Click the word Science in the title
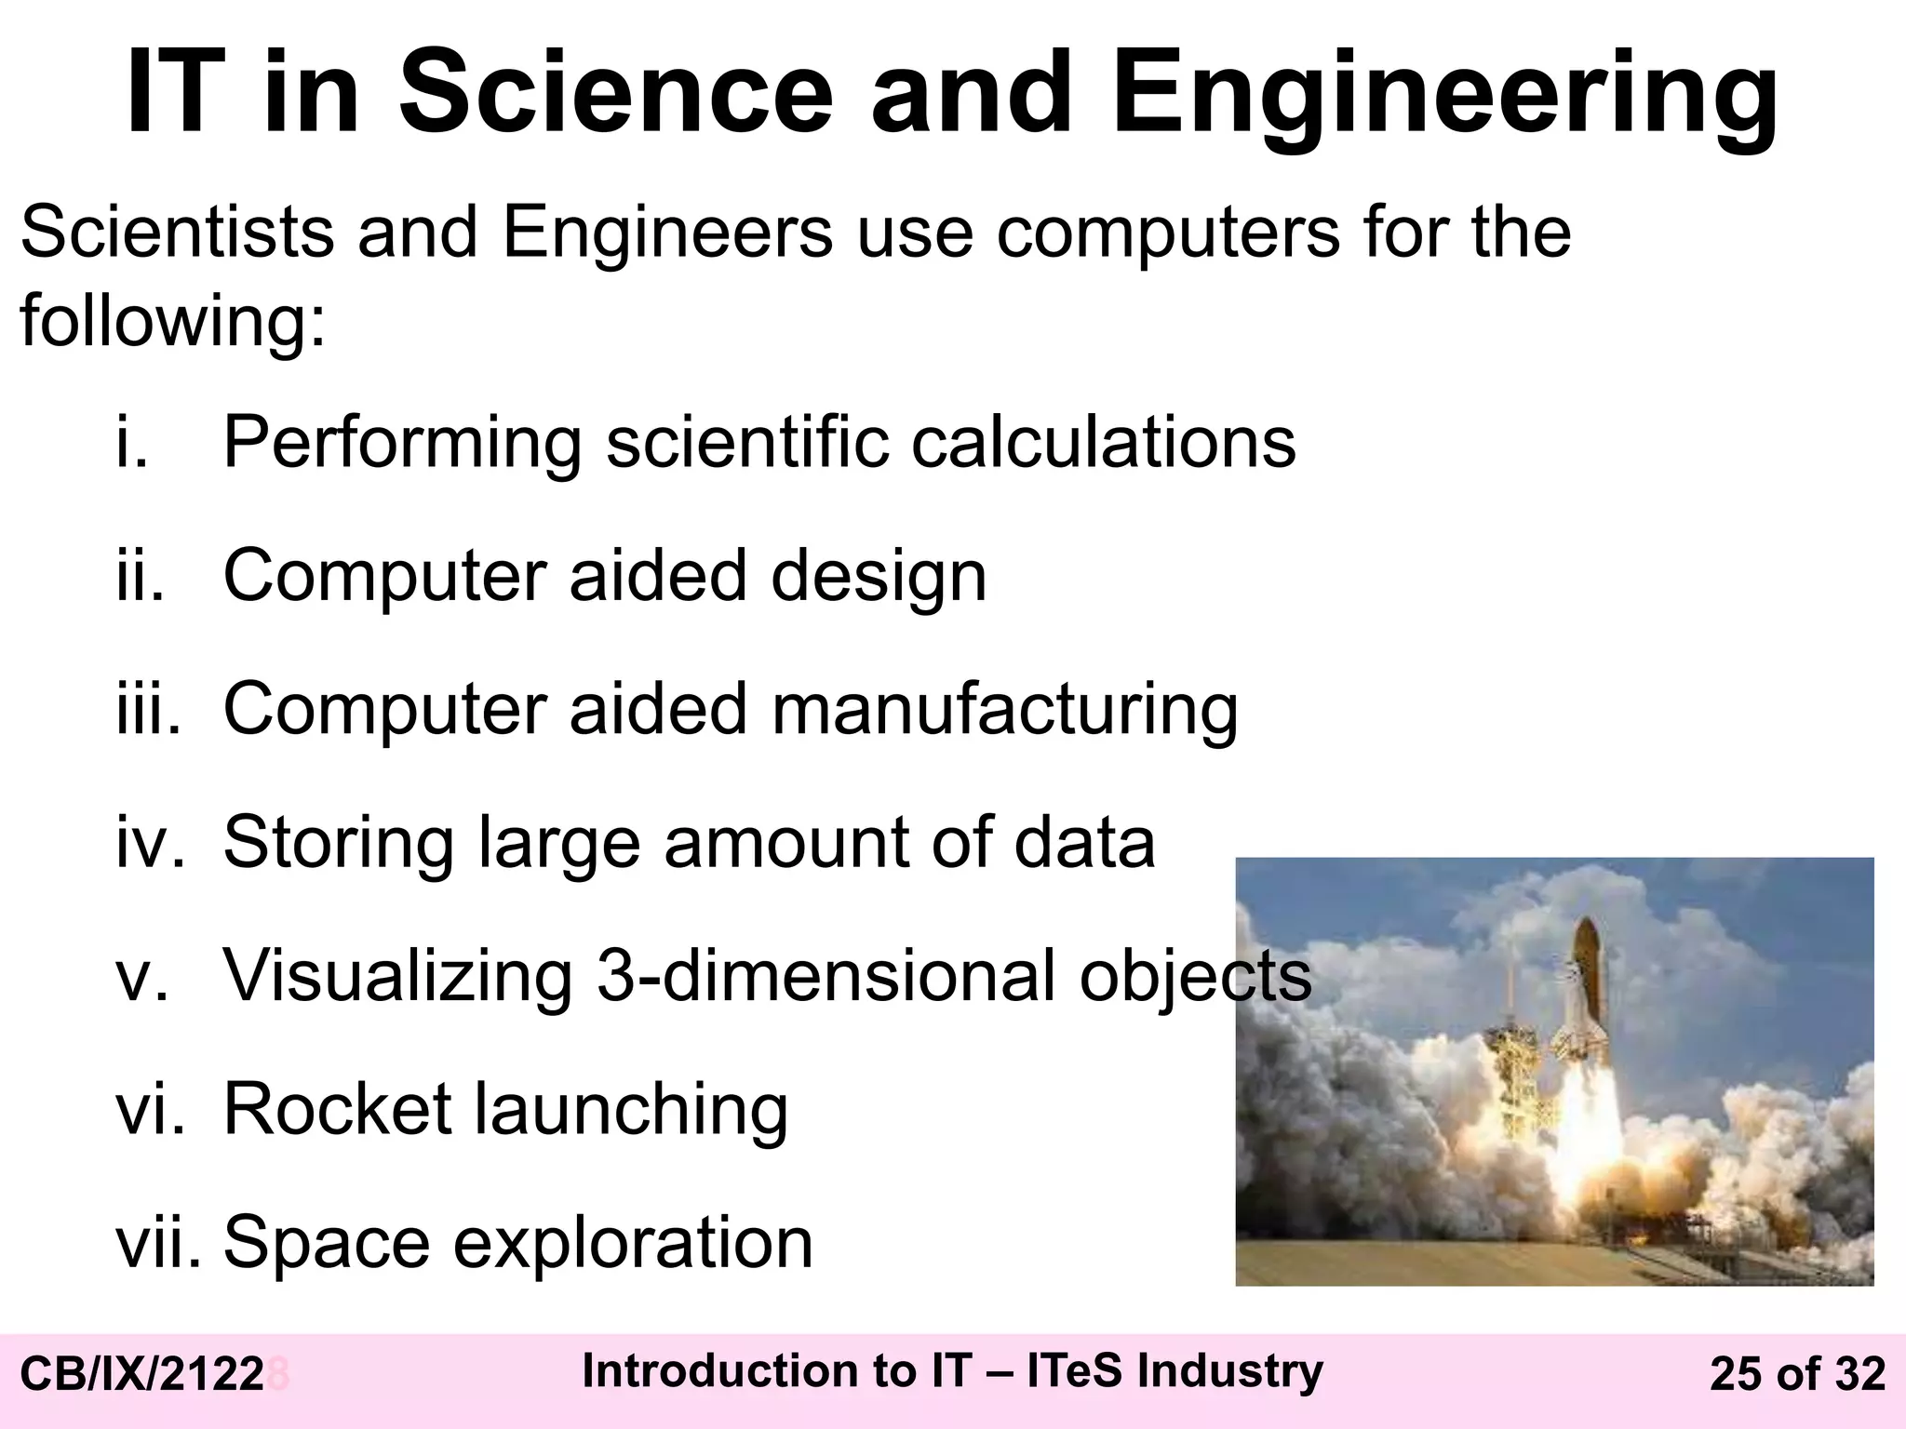(x=615, y=94)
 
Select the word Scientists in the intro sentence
(x=177, y=232)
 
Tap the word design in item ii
(x=879, y=577)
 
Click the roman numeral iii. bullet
(x=147, y=709)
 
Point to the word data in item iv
(x=1084, y=842)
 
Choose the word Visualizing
(x=397, y=976)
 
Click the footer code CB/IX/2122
(x=141, y=1375)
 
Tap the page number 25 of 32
(x=1797, y=1375)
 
